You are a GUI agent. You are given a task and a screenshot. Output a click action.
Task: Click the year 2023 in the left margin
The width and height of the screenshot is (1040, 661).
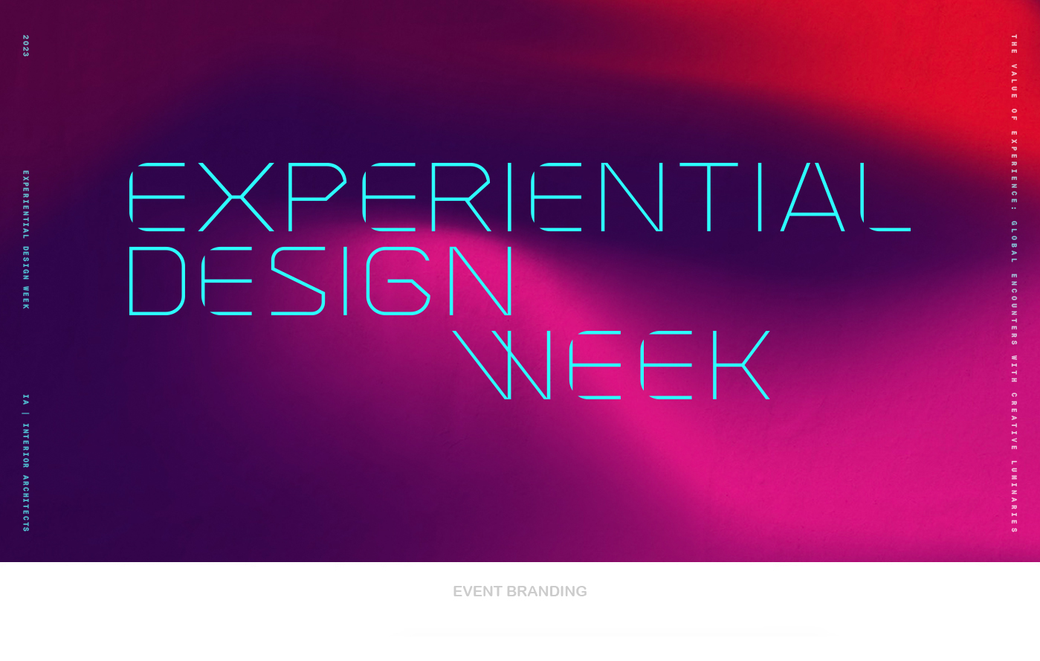pyautogui.click(x=26, y=45)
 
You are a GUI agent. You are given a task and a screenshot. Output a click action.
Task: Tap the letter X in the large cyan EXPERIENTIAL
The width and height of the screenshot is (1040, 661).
pyautogui.click(x=236, y=197)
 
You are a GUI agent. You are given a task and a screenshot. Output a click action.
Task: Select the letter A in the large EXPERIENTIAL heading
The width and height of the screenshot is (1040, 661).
pyautogui.click(x=812, y=197)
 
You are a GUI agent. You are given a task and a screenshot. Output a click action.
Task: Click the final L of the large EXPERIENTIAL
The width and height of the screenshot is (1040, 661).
pyautogui.click(x=885, y=197)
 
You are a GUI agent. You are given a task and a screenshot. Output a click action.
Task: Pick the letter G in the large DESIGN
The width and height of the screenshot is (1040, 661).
pyautogui.click(x=398, y=281)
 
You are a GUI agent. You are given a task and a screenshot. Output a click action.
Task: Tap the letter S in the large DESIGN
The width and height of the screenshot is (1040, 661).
pyautogui.click(x=298, y=281)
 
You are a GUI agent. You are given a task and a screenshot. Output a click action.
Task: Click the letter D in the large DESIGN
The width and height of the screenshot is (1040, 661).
pyautogui.click(x=157, y=281)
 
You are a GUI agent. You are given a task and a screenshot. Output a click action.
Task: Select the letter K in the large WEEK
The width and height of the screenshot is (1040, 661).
pyautogui.click(x=741, y=365)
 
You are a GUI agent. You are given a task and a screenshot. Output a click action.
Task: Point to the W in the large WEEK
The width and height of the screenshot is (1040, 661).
pyautogui.click(x=502, y=365)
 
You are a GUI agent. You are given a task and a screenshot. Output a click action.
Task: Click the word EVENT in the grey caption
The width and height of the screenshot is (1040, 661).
pyautogui.click(x=477, y=591)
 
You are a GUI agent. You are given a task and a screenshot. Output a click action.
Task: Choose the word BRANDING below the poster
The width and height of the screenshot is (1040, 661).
pyautogui.click(x=546, y=591)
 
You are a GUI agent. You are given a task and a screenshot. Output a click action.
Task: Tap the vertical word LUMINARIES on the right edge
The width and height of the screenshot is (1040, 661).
pyautogui.click(x=1014, y=496)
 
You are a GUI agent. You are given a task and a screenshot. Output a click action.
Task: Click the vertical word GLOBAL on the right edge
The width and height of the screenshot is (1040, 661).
pyautogui.click(x=1014, y=242)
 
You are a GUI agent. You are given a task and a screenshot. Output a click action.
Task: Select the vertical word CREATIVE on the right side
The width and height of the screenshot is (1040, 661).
pyautogui.click(x=1014, y=422)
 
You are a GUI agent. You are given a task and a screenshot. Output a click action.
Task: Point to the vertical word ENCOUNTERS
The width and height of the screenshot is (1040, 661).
pyautogui.click(x=1014, y=310)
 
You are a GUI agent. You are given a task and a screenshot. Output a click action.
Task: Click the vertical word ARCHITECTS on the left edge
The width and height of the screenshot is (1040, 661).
pyautogui.click(x=26, y=503)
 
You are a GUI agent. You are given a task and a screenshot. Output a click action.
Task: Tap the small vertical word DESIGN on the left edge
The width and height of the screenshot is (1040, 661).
pyautogui.click(x=26, y=263)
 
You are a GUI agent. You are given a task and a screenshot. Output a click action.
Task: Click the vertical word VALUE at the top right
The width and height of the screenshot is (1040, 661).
pyautogui.click(x=1014, y=81)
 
